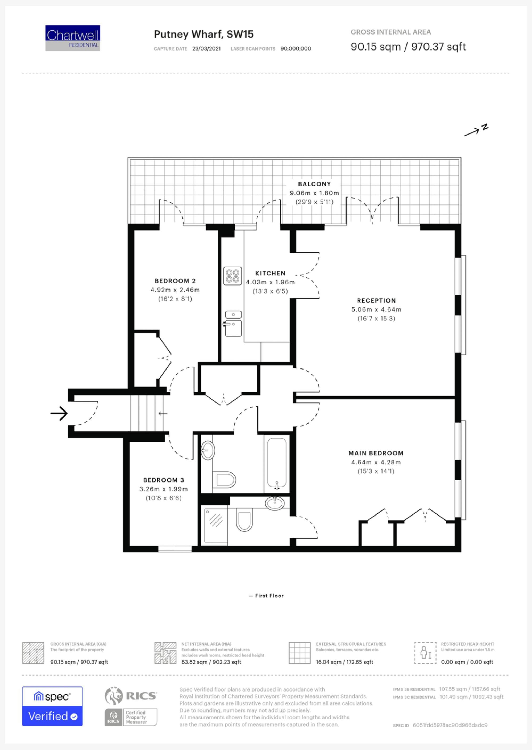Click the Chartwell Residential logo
click(73, 38)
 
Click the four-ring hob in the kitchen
click(232, 276)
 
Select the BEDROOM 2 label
click(175, 281)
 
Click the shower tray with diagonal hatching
click(215, 526)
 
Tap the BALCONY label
click(314, 184)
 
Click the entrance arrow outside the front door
click(59, 413)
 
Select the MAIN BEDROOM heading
click(376, 453)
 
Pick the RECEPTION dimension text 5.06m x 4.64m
click(376, 309)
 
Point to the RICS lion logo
click(113, 696)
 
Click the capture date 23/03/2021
click(206, 49)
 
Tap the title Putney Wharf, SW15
click(204, 34)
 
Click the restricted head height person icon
click(425, 652)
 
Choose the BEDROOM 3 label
click(164, 480)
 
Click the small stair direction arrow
click(163, 413)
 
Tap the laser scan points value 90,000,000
click(296, 49)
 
